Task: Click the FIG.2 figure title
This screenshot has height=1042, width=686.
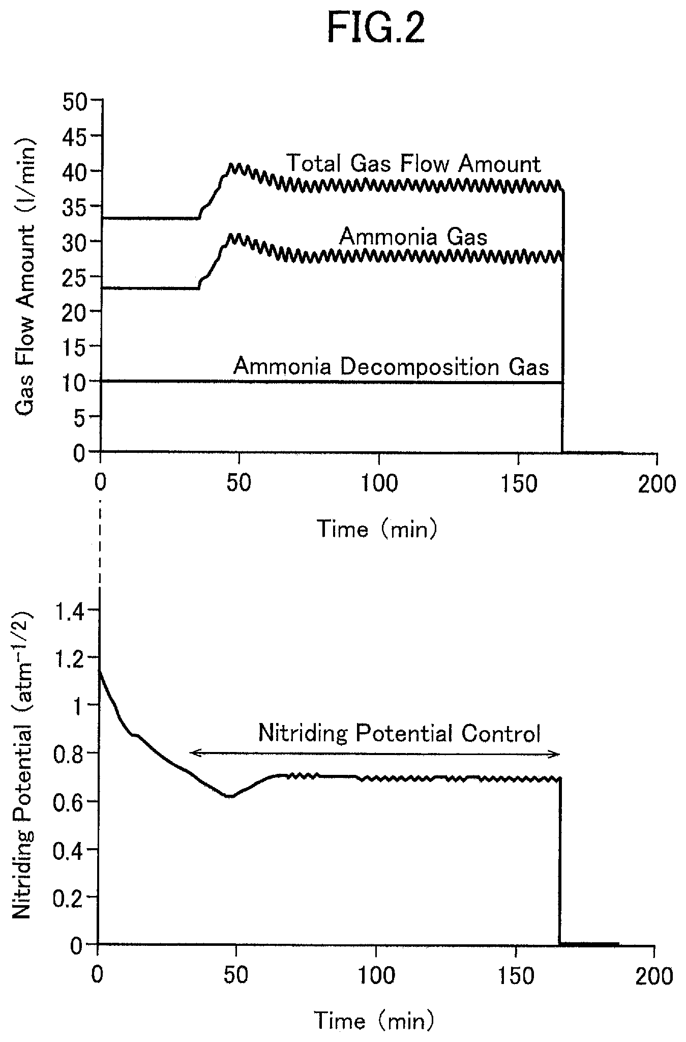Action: coord(375,29)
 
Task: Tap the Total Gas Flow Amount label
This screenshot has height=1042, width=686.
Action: coord(414,164)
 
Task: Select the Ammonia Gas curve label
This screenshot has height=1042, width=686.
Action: coord(413,237)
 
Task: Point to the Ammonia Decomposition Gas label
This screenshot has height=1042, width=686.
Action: coord(391,367)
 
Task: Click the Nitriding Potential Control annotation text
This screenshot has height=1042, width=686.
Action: coord(399,734)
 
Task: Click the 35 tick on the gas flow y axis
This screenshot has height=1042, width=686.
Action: coord(74,207)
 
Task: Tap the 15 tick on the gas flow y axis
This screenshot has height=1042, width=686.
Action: coord(74,347)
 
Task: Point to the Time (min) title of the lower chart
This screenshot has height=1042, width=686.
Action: coord(374,1020)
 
